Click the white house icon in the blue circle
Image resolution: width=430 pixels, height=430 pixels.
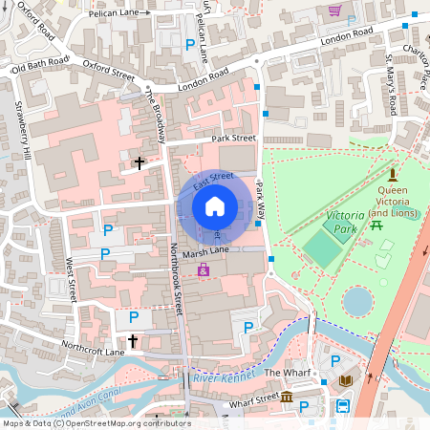215,205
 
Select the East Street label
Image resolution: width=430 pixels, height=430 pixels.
213,178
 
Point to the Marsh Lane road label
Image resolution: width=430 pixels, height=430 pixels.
205,252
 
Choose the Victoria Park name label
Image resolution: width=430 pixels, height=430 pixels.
346,223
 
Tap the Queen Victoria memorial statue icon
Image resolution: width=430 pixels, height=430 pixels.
392,175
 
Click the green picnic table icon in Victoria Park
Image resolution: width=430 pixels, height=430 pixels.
376,225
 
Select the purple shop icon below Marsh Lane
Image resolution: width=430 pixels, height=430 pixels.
204,271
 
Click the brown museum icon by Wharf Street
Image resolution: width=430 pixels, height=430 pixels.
287,396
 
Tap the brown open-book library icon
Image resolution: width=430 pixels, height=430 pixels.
346,381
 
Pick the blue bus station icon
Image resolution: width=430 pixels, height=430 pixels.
342,407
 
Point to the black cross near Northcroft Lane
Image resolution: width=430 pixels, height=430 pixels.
133,341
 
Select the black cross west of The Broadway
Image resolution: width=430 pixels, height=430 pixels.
139,163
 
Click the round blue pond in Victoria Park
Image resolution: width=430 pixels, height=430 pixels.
358,301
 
